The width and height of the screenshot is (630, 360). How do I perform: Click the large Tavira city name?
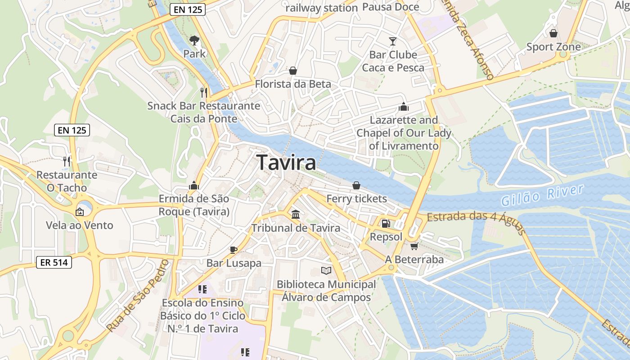click(286, 162)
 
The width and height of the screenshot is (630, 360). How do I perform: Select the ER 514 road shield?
click(54, 262)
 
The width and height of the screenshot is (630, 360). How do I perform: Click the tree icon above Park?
click(194, 40)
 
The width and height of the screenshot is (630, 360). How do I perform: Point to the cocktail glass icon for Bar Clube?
click(393, 41)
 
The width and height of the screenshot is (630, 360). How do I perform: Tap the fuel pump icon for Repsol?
click(386, 223)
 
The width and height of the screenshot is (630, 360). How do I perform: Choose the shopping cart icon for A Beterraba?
click(414, 246)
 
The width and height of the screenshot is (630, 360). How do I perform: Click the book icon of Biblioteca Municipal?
click(326, 270)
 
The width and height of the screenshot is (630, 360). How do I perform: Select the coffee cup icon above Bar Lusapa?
click(233, 250)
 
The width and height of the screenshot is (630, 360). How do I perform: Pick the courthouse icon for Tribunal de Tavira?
click(296, 215)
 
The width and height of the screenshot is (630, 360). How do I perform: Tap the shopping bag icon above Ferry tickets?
click(356, 185)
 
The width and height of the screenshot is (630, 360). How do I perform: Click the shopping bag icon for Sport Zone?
click(553, 33)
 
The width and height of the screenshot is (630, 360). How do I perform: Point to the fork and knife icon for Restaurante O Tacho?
click(67, 161)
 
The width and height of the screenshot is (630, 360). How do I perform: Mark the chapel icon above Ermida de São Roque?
click(194, 185)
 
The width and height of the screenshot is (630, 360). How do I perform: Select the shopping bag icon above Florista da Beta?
click(293, 71)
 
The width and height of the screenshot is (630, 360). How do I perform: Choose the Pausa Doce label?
click(391, 7)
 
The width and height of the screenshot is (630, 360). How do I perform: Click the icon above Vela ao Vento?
click(80, 211)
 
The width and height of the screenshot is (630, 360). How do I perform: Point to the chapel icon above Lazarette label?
click(403, 107)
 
